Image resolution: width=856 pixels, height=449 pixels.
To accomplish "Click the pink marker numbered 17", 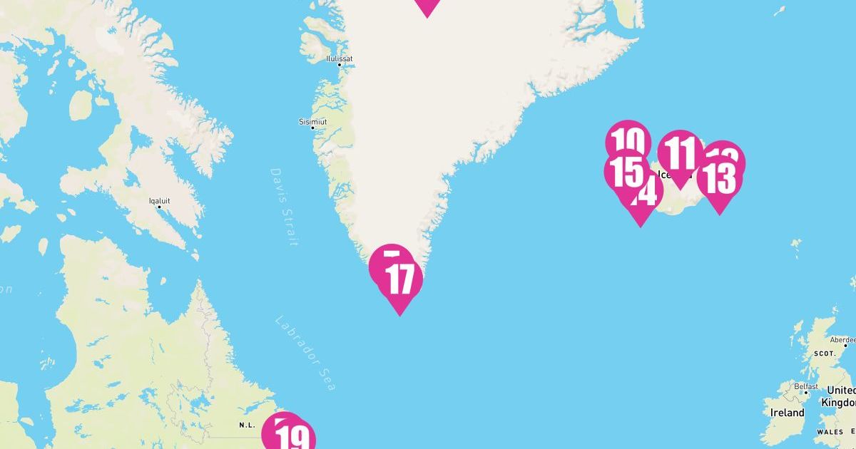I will [x=400, y=280].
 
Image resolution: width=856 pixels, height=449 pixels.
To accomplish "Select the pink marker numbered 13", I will [x=719, y=179].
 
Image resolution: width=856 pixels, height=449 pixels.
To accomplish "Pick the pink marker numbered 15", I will [x=626, y=171].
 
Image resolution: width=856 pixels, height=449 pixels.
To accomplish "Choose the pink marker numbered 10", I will [x=628, y=139].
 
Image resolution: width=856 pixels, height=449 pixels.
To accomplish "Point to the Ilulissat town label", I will [x=340, y=58].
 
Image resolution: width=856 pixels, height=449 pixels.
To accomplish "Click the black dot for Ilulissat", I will [x=340, y=66].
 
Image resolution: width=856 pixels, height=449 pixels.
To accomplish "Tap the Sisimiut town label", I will [x=313, y=122].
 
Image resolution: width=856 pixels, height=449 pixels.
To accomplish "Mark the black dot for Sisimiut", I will [x=312, y=128].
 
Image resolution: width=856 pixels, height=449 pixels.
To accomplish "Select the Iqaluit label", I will [x=159, y=201].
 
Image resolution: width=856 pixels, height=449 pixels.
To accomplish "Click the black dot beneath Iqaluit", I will [x=159, y=207].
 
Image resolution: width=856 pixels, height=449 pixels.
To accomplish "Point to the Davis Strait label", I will [x=284, y=207].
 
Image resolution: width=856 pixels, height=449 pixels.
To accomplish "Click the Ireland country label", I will [x=787, y=413].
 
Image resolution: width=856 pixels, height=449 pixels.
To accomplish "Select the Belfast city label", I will [x=807, y=386].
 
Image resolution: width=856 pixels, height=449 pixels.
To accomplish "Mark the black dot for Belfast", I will [x=806, y=393].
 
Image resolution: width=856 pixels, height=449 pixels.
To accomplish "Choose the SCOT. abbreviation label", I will [x=825, y=353].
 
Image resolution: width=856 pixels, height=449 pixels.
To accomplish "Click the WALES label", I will [x=830, y=432].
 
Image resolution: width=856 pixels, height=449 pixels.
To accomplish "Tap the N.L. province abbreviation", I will [x=247, y=425].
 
